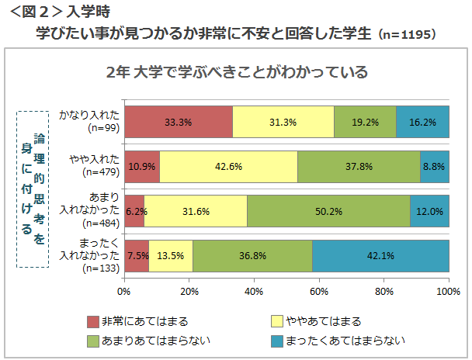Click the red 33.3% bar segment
click(178, 122)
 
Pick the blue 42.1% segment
click(380, 255)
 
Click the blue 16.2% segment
click(422, 122)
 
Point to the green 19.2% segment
click(365, 122)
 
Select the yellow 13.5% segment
click(171, 255)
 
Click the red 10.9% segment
click(141, 166)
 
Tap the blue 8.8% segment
click(434, 166)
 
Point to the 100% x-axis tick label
click(448, 292)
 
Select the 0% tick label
click(123, 292)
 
